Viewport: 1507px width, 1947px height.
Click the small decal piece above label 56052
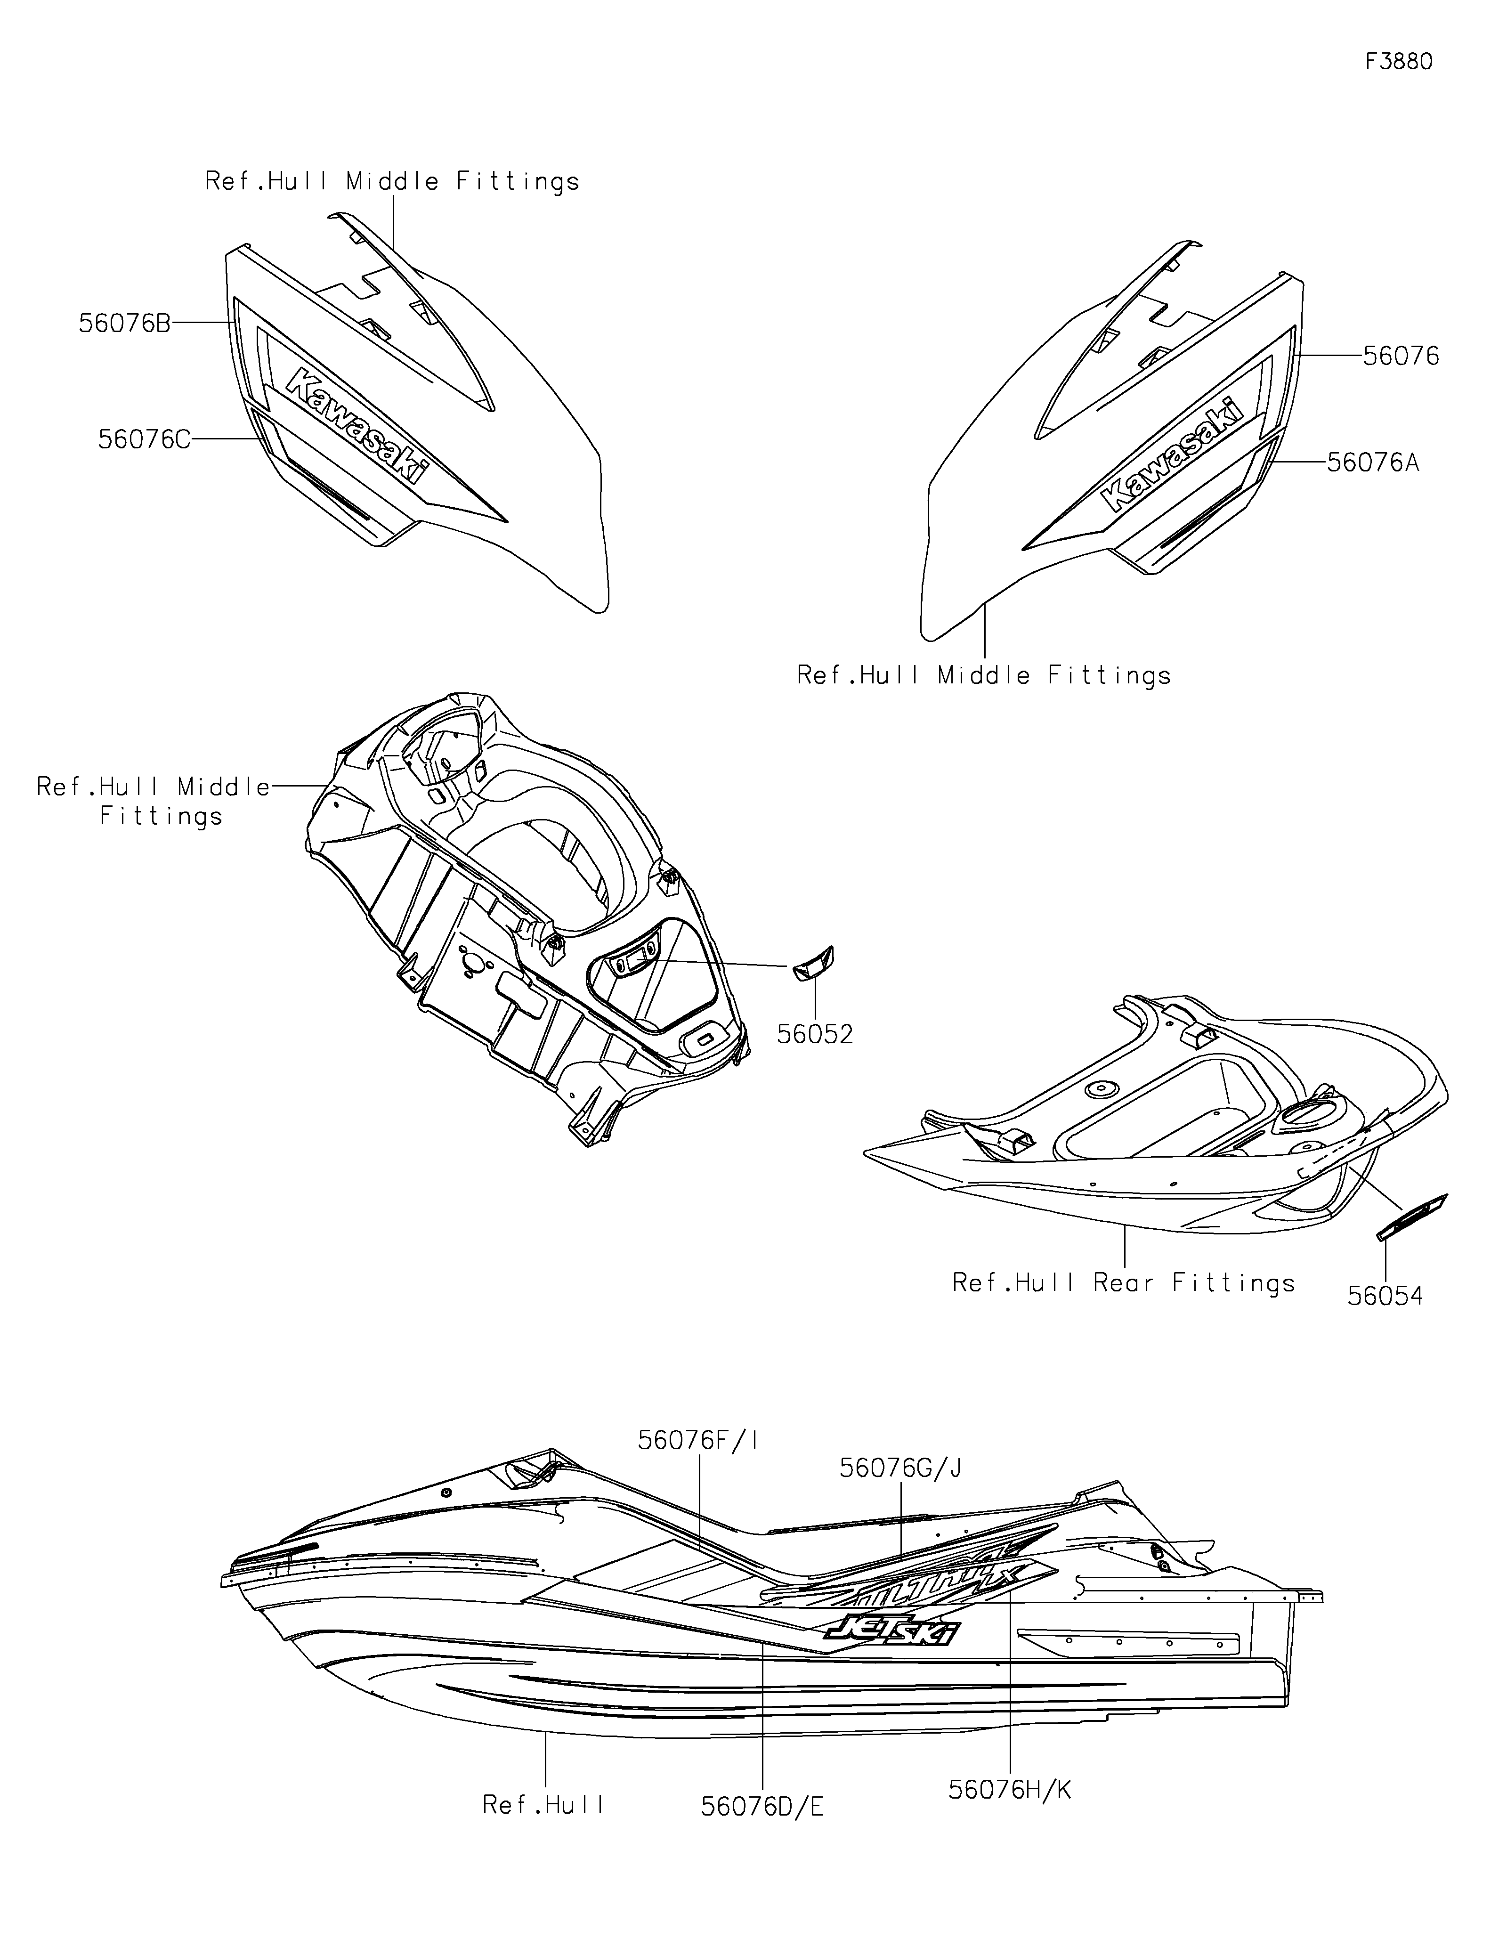point(813,964)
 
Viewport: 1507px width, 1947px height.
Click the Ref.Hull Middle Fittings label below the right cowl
point(984,676)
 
